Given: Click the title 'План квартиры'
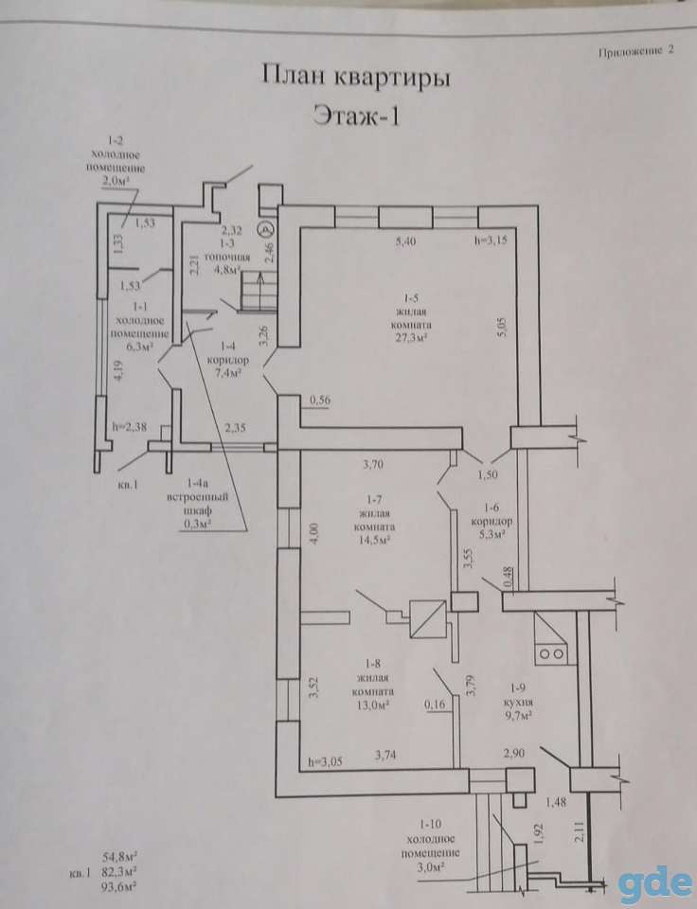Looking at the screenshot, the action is (356, 77).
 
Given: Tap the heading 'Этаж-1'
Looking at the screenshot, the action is (356, 115).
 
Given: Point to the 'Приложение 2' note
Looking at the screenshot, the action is (636, 51).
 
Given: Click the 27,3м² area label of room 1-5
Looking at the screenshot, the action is (411, 338).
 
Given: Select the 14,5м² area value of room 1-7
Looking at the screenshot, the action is (374, 539).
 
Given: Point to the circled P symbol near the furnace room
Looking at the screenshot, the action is (265, 229).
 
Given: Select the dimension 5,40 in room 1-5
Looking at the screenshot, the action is (406, 242).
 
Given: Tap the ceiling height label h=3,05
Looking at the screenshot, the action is (326, 761).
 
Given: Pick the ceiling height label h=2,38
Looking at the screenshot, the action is (130, 427).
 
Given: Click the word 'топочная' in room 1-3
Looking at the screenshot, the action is (227, 257).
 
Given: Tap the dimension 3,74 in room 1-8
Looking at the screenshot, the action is (385, 755).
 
